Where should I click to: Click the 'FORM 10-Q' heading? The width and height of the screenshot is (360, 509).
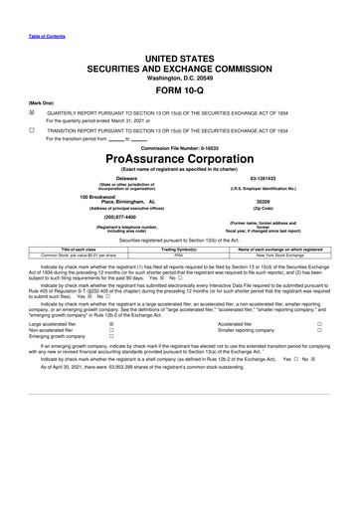tap(180, 89)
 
